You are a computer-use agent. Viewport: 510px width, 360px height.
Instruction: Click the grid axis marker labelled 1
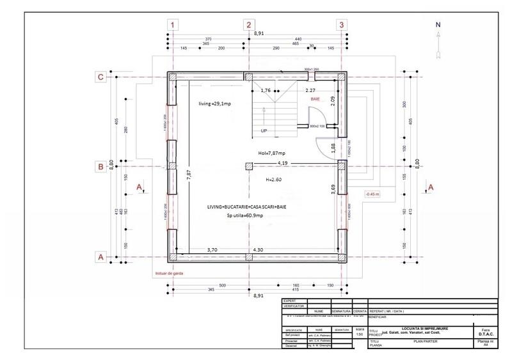[173, 25]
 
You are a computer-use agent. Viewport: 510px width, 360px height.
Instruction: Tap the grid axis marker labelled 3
[342, 25]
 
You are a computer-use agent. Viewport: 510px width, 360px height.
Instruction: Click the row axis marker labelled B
[100, 167]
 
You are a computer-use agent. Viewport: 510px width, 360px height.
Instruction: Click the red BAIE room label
[315, 100]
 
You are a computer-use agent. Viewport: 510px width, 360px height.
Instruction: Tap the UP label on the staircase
[264, 130]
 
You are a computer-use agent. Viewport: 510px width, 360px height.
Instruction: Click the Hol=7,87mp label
[271, 153]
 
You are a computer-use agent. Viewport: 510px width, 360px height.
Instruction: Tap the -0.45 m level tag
[372, 194]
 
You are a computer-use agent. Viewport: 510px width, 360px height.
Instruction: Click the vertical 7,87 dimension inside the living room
[189, 175]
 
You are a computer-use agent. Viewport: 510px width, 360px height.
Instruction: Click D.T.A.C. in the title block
[484, 333]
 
